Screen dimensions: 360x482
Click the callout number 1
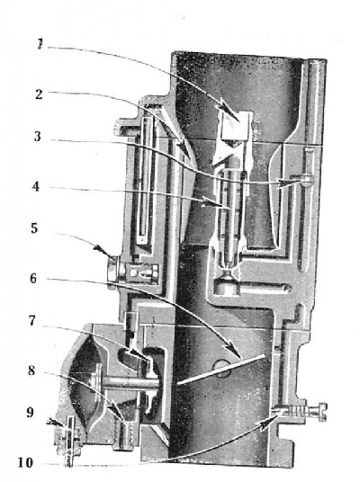(x=40, y=44)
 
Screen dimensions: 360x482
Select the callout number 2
(x=39, y=94)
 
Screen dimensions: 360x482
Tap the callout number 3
(x=38, y=136)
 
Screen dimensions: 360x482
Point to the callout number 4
(x=36, y=186)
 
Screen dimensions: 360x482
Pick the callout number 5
(x=34, y=228)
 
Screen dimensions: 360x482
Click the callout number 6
(x=33, y=279)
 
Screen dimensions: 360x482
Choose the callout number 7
(x=32, y=321)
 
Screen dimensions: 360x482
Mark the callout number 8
(x=31, y=370)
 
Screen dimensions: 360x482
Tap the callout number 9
(x=30, y=413)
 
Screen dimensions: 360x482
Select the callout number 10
(x=25, y=462)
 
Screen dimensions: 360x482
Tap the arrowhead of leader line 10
(x=268, y=423)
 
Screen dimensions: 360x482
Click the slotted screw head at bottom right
(x=320, y=411)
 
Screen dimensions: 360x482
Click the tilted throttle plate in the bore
(x=220, y=370)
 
